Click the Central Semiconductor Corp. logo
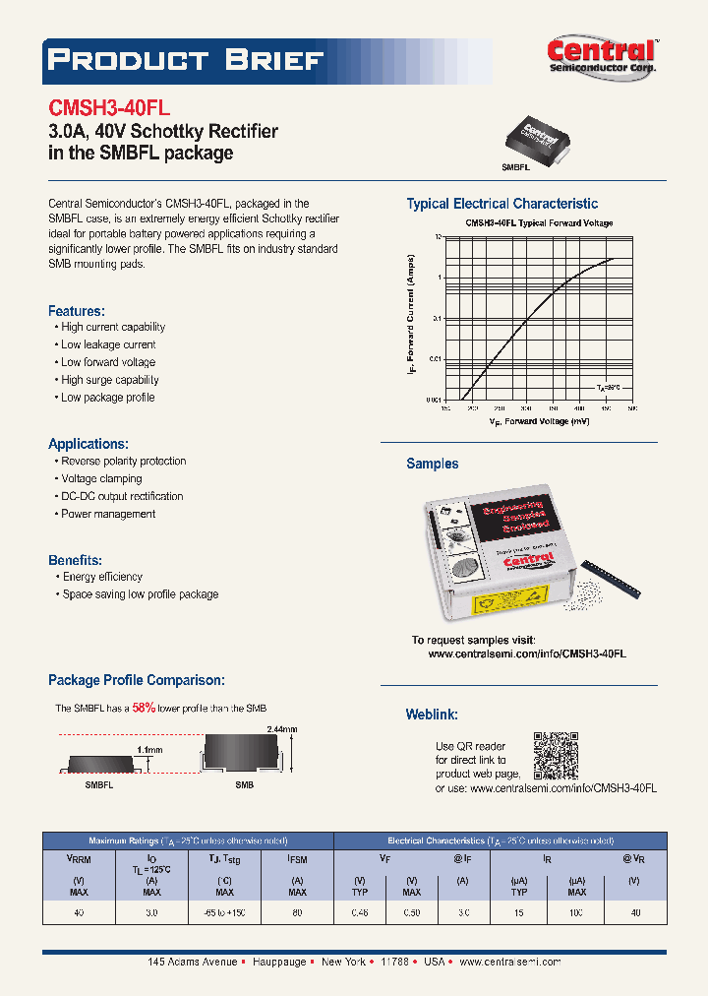point(601,56)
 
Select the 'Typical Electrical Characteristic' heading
point(501,204)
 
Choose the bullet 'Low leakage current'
point(108,344)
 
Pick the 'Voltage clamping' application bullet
point(101,478)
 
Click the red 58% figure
point(144,708)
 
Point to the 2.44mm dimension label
point(281,729)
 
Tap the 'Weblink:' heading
point(431,715)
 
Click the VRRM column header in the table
point(79,858)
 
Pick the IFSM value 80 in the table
point(297,913)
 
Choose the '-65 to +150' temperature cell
point(224,913)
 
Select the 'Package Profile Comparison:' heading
point(137,680)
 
